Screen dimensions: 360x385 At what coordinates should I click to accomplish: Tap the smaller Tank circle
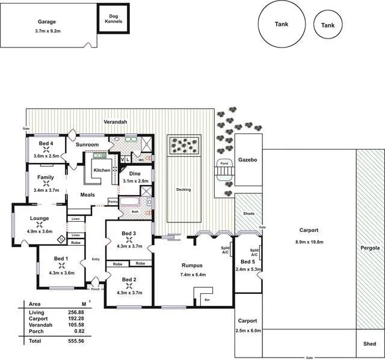point(328,25)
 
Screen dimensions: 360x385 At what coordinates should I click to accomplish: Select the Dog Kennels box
point(113,19)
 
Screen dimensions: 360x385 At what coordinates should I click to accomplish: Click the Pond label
point(224,163)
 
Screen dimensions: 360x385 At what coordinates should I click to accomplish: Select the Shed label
point(370,344)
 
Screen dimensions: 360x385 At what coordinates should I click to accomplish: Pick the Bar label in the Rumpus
point(207,299)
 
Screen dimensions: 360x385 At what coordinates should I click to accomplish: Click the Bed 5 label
point(247,261)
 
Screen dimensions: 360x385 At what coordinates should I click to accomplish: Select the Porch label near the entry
point(95,288)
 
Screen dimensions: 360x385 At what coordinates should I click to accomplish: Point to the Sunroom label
point(87,145)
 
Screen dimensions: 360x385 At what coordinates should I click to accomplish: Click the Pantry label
point(112,201)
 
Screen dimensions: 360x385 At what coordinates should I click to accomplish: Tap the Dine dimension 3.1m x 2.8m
point(135,181)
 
